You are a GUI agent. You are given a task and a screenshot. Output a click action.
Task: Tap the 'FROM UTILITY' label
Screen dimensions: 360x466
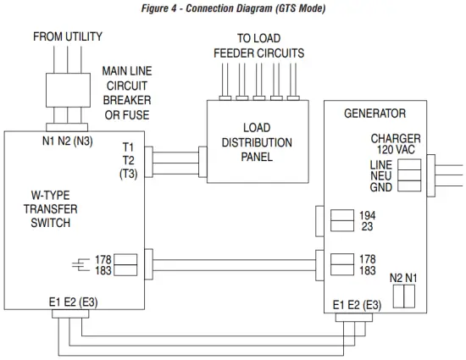click(x=68, y=37)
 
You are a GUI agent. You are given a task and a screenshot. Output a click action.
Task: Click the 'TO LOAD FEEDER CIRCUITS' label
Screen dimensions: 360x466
click(x=258, y=46)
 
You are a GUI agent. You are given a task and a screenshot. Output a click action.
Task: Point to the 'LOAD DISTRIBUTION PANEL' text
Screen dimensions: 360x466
click(x=257, y=143)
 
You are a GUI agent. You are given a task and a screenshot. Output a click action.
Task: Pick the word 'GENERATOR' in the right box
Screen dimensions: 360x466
click(x=374, y=113)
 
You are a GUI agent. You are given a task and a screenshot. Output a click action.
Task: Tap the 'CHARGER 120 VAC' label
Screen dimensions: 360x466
click(x=396, y=144)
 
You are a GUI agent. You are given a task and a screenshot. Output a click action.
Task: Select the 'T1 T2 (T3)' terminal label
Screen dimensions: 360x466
click(x=128, y=160)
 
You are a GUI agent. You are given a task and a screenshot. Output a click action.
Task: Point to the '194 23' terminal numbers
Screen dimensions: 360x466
click(x=368, y=221)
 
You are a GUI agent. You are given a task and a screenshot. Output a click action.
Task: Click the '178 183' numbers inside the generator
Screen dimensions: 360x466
click(x=368, y=264)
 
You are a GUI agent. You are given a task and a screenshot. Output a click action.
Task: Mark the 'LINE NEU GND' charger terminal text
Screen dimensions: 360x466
click(x=382, y=175)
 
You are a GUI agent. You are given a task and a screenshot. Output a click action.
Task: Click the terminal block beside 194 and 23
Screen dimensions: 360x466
click(x=341, y=221)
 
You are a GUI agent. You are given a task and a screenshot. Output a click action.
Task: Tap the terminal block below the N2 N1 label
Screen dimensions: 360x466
click(x=403, y=296)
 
